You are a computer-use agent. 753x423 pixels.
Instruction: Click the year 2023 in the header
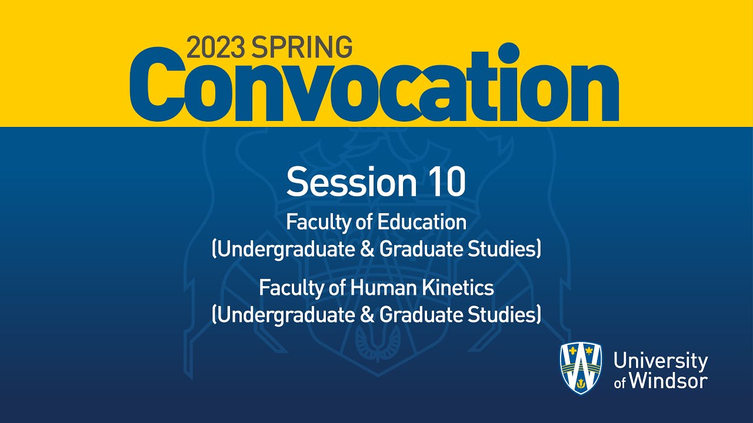click(x=216, y=47)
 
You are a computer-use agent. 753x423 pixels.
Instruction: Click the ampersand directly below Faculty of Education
click(x=368, y=250)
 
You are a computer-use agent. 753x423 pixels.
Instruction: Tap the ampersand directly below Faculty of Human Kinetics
click(x=368, y=315)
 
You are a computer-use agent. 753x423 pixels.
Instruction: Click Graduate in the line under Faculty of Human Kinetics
click(x=417, y=315)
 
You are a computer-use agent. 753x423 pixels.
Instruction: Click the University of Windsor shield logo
click(x=580, y=368)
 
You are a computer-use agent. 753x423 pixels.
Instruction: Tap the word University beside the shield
click(x=660, y=361)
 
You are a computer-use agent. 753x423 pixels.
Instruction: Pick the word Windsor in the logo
click(x=668, y=381)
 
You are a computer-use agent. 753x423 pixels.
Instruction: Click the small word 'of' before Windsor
click(x=620, y=383)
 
